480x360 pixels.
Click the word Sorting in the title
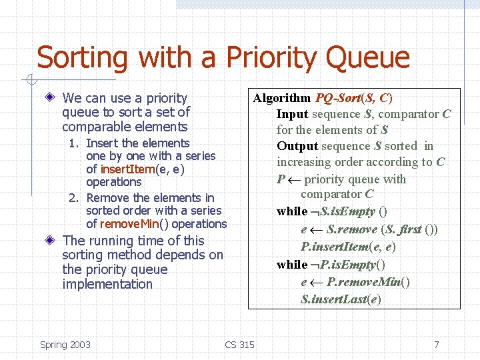point(81,58)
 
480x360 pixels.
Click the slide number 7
point(437,345)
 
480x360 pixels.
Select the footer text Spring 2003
point(65,345)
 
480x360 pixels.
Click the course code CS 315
point(239,345)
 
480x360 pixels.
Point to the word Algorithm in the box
point(281,98)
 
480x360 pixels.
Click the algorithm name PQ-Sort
point(337,98)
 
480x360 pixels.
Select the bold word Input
point(292,114)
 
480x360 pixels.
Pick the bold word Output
point(297,146)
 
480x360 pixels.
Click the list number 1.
point(77,143)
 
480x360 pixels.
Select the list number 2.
point(75,198)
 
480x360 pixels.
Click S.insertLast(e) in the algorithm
point(341,299)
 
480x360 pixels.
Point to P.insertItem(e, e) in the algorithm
point(339,247)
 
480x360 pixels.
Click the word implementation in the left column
point(107,285)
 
